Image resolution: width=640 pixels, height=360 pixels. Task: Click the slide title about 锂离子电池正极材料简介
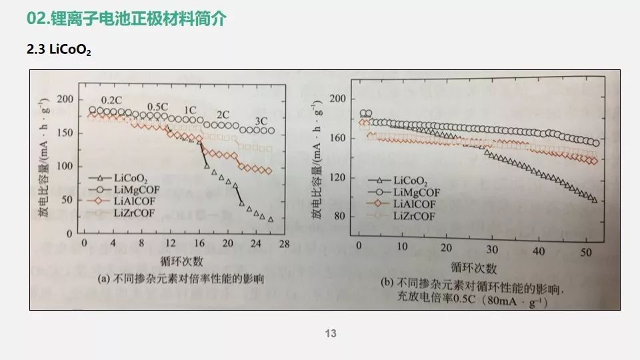(x=126, y=19)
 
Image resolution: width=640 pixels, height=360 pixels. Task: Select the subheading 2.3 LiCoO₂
(x=58, y=51)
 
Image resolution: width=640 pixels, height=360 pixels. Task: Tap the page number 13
(x=331, y=334)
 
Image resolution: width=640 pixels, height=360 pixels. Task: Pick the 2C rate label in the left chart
(x=223, y=114)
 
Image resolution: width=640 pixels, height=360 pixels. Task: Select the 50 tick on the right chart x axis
(x=585, y=247)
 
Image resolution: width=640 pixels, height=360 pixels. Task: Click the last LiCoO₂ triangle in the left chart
(x=271, y=219)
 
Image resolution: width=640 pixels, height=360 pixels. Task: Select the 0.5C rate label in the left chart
(x=157, y=107)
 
